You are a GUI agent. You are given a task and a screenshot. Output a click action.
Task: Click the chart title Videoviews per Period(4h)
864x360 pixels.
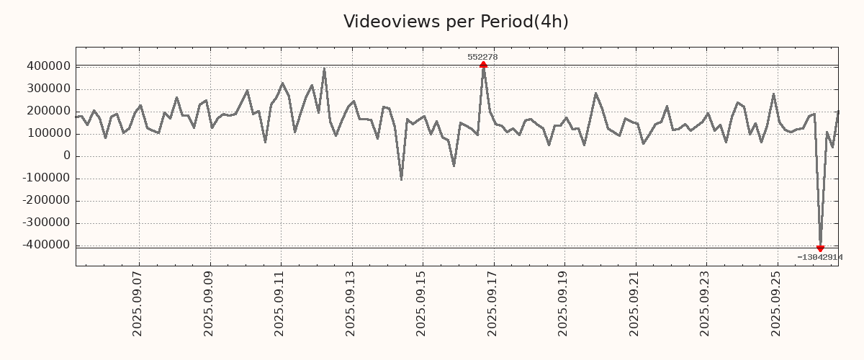click(x=456, y=22)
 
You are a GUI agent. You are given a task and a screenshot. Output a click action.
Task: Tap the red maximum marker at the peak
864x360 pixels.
click(x=483, y=65)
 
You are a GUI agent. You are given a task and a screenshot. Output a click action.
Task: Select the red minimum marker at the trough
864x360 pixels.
click(x=820, y=248)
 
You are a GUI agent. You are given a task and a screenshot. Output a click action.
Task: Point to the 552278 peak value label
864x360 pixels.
click(x=482, y=57)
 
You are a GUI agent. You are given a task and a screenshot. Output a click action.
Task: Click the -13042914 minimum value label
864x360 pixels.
click(x=819, y=257)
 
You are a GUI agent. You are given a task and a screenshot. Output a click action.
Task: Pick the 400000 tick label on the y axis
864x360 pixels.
click(x=47, y=66)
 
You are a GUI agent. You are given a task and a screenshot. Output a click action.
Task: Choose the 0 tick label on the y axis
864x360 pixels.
click(x=66, y=156)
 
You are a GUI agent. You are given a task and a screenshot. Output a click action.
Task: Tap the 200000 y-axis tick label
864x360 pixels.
click(x=47, y=111)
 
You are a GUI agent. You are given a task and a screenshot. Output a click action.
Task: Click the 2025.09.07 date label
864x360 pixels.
click(x=138, y=303)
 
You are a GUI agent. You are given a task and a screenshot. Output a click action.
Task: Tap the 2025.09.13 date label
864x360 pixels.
click(x=351, y=303)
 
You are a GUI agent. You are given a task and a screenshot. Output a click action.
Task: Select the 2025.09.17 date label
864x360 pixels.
click(x=492, y=303)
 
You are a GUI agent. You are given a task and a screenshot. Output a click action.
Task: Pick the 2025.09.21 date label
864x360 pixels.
click(x=634, y=303)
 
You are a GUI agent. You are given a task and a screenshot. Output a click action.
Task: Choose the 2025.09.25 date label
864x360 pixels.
click(x=776, y=303)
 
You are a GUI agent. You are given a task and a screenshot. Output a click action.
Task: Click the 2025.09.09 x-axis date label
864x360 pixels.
click(x=209, y=303)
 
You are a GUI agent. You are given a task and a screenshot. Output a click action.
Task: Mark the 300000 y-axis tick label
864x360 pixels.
click(x=47, y=89)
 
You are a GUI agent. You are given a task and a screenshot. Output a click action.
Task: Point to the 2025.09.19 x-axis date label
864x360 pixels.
click(x=564, y=303)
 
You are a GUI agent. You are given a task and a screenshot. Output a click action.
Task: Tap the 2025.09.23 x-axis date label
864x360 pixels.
click(x=706, y=303)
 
